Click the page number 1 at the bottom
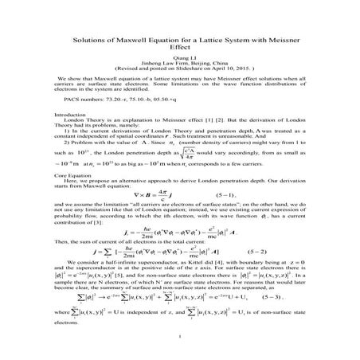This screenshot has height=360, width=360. point(180,345)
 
